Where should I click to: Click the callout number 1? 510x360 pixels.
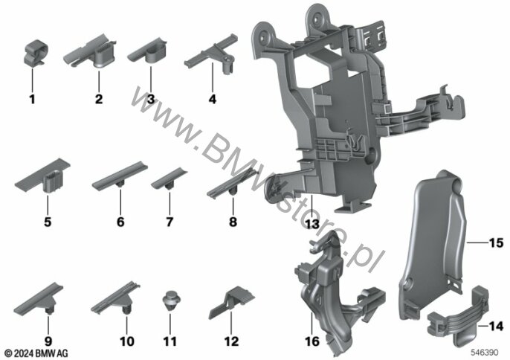tap(32, 99)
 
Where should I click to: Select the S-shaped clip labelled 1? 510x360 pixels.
tap(36, 52)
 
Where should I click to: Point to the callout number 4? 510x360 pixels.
tap(213, 99)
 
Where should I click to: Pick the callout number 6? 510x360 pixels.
tap(120, 222)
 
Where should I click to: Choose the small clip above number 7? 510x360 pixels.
tap(170, 179)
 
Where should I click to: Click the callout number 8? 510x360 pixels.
tap(233, 222)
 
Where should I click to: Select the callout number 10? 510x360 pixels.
tap(127, 341)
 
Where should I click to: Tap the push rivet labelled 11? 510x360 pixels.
tap(171, 300)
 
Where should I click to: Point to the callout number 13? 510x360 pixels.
tap(312, 224)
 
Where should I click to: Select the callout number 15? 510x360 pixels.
tap(497, 242)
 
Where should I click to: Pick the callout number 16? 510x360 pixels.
tap(312, 341)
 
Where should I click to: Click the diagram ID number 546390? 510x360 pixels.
tap(485, 353)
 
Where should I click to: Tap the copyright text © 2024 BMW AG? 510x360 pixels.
tap(36, 353)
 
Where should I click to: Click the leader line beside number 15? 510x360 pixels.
tap(477, 242)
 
